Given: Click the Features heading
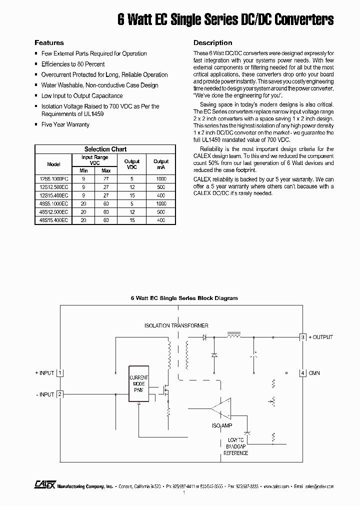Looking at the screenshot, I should (49, 43).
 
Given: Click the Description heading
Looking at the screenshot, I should (212, 43).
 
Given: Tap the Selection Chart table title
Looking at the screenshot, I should (105, 149).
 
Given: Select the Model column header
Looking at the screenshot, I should (53, 164).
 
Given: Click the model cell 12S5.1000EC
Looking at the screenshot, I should (53, 178).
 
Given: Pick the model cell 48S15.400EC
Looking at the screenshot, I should (53, 220).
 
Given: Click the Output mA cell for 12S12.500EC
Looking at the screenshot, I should (161, 187).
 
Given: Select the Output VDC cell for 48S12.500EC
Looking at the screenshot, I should (132, 211).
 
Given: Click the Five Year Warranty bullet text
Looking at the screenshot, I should (65, 124).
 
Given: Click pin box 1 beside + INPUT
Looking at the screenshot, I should (60, 373).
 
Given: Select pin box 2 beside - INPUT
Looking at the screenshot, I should (60, 394).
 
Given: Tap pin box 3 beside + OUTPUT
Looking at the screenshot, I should (302, 337).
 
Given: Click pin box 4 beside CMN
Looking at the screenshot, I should (302, 373).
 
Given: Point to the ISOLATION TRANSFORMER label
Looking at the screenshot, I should (176, 325).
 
